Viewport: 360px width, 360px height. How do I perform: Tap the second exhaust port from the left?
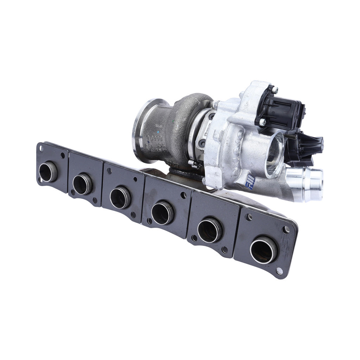pyautogui.click(x=82, y=184)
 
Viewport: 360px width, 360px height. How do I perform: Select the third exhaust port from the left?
pyautogui.click(x=120, y=198)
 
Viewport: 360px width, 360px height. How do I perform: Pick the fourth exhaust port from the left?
pyautogui.click(x=162, y=213)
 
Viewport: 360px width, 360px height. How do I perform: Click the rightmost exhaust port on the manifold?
pyautogui.click(x=263, y=250)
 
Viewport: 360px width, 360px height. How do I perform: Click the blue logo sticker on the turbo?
pyautogui.click(x=250, y=181)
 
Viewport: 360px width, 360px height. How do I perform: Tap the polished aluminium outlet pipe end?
pyautogui.click(x=309, y=179)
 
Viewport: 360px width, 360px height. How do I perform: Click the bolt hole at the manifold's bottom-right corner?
pyautogui.click(x=279, y=271)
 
